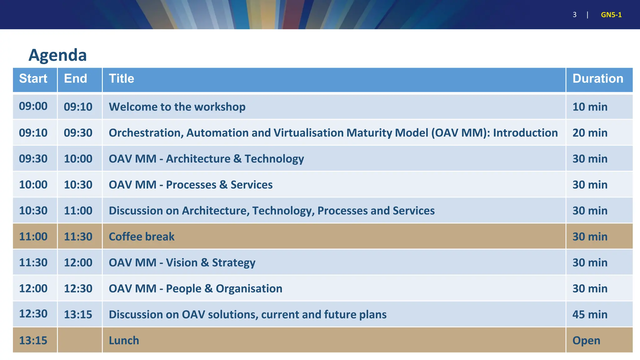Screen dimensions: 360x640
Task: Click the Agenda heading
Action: pos(57,55)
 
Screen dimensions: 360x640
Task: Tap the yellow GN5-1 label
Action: pos(611,15)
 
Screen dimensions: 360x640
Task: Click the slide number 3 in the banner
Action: pos(574,15)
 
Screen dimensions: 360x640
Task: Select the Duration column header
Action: pos(597,79)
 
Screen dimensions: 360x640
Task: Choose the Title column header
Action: pos(121,79)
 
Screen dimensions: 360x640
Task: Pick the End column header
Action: pos(75,79)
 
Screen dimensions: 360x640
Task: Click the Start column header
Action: pos(33,79)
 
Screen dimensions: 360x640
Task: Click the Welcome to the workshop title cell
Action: pos(177,107)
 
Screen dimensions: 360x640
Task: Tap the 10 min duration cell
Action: pos(590,107)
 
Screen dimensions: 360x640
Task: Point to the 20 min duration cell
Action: pos(590,133)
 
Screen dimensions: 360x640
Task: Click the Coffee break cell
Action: pos(141,237)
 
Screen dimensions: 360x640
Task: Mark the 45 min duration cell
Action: pos(590,314)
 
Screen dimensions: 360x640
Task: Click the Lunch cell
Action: pos(124,340)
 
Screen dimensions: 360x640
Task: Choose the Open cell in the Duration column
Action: pos(586,340)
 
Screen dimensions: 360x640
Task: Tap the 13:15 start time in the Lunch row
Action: pos(33,340)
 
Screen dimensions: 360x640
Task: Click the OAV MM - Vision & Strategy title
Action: pos(182,262)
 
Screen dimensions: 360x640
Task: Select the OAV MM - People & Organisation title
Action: pos(195,288)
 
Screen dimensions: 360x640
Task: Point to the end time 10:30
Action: pos(78,185)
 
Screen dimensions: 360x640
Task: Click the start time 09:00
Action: pos(33,106)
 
